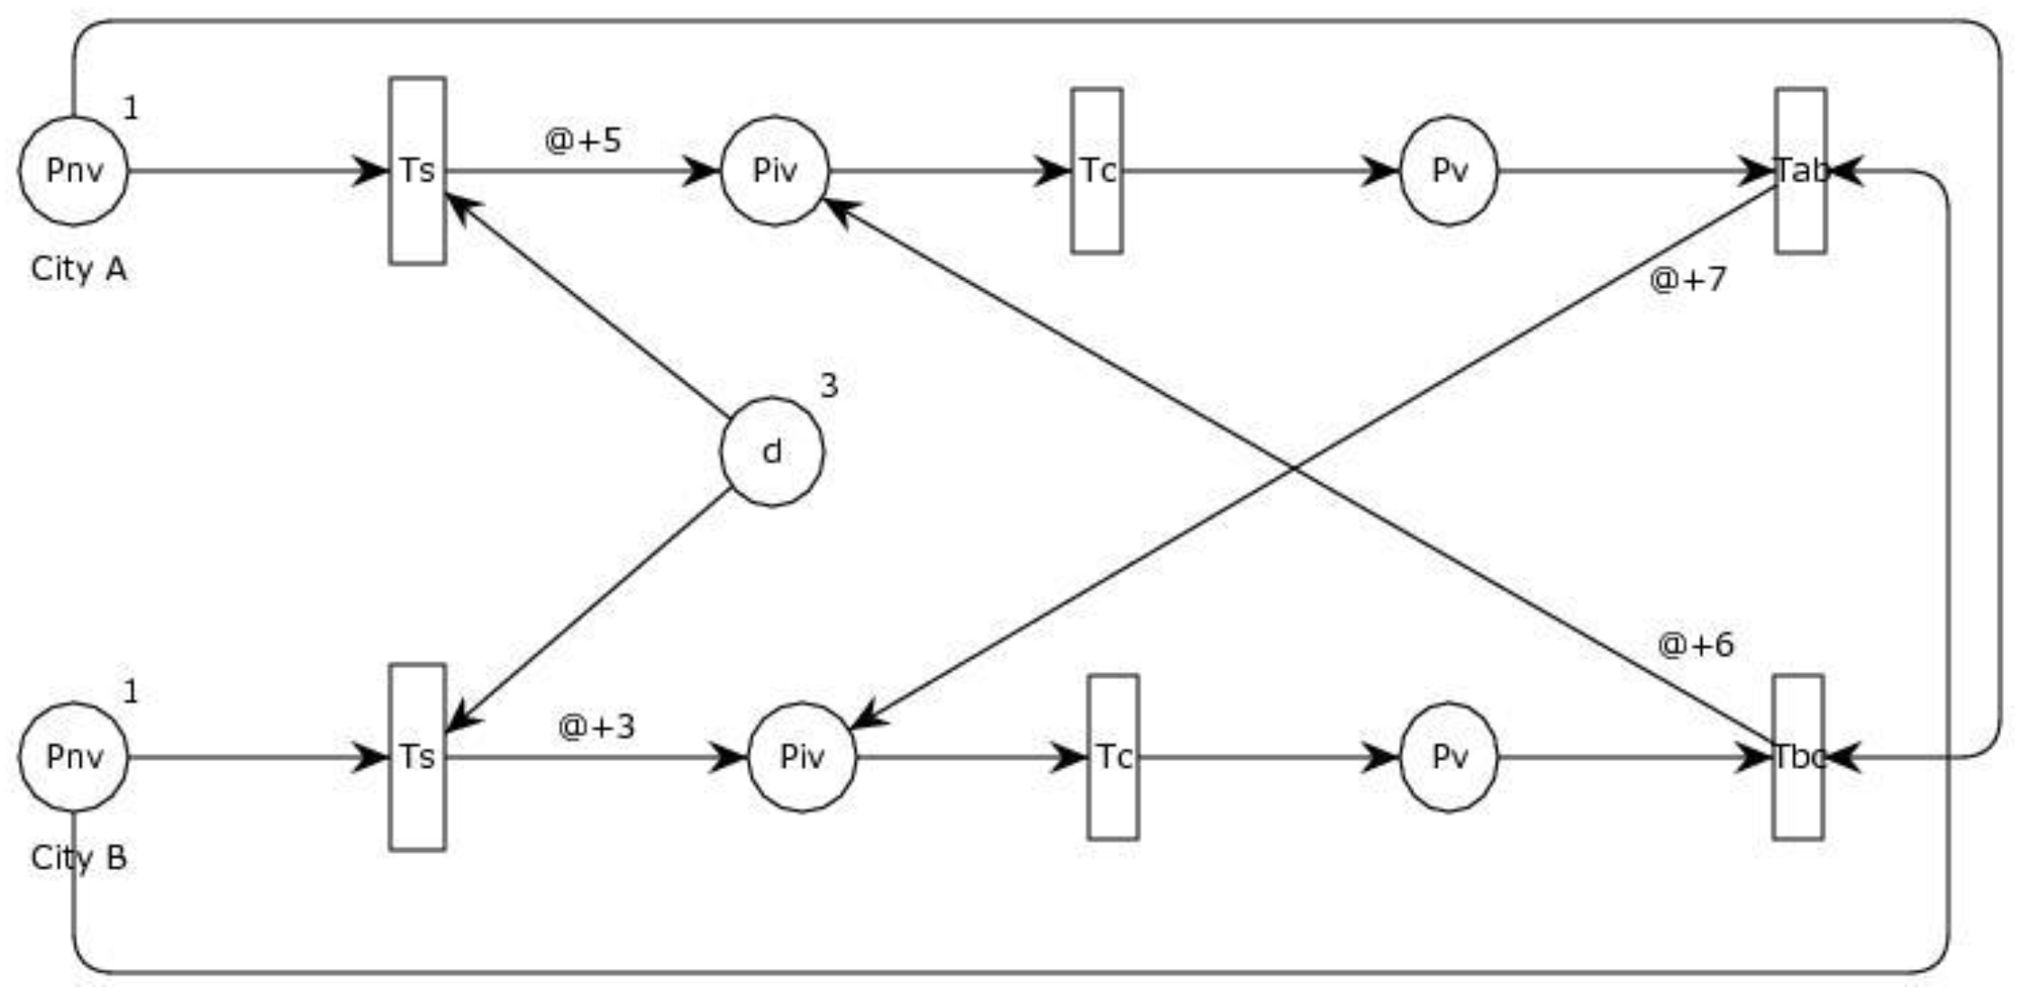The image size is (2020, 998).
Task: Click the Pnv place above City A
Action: tap(74, 170)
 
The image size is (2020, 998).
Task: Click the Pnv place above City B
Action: tap(74, 757)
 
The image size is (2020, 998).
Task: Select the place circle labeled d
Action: tap(771, 452)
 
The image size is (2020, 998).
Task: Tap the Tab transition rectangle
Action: tap(1800, 170)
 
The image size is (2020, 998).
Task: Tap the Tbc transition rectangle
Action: tap(1798, 757)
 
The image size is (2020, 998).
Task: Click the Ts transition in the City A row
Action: tap(417, 170)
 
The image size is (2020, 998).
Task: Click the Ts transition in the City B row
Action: tap(417, 757)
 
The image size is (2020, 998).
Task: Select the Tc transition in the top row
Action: tap(1096, 170)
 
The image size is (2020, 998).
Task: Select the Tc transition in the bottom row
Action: tap(1113, 757)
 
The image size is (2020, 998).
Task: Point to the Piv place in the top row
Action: tap(775, 170)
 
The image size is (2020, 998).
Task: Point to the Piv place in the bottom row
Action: tap(802, 757)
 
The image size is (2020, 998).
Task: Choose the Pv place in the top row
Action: tap(1449, 170)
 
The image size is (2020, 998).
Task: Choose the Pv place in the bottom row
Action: tap(1449, 757)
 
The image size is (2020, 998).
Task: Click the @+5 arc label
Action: tap(583, 141)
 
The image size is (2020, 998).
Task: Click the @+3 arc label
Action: tap(596, 726)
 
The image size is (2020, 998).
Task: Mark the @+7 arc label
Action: tap(1688, 279)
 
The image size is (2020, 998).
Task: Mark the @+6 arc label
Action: tap(1695, 645)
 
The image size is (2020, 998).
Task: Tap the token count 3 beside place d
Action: tap(828, 386)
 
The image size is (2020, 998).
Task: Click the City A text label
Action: tap(78, 268)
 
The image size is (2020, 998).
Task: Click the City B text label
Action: tap(78, 857)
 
